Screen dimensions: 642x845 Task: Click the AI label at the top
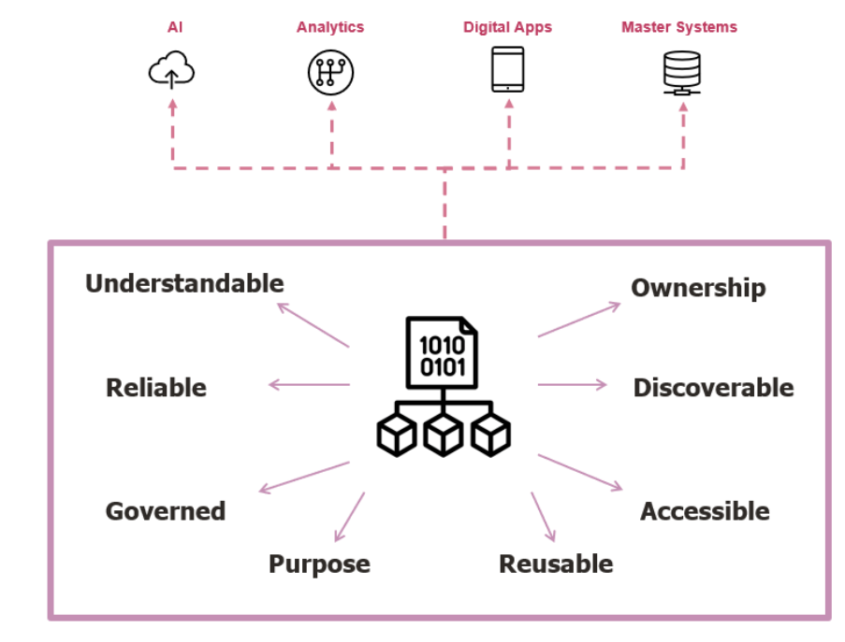click(x=174, y=27)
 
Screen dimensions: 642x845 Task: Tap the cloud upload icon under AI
click(x=172, y=72)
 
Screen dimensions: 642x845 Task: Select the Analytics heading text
click(x=330, y=27)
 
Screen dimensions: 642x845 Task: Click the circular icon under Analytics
click(x=331, y=72)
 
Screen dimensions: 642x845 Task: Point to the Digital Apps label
click(x=507, y=27)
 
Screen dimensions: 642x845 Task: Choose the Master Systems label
click(x=679, y=27)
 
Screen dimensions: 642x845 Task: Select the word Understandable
click(x=184, y=283)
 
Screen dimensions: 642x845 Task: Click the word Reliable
click(x=156, y=388)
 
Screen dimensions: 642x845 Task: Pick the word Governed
click(x=166, y=511)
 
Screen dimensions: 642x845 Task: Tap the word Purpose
click(x=319, y=564)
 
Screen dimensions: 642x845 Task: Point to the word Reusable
click(x=556, y=564)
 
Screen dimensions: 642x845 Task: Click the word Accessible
click(x=705, y=511)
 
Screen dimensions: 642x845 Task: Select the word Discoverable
click(x=713, y=388)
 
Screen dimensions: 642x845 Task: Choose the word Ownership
click(x=698, y=288)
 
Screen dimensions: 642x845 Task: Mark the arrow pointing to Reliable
click(x=309, y=385)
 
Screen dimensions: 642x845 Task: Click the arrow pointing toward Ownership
click(x=578, y=320)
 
